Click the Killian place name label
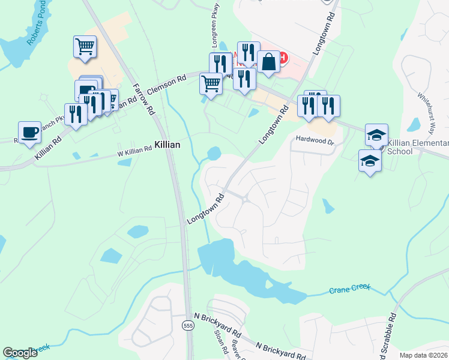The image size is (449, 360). pyautogui.click(x=167, y=145)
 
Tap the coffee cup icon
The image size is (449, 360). pyautogui.click(x=29, y=133)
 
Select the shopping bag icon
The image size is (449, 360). pyautogui.click(x=268, y=61)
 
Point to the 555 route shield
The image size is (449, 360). pyautogui.click(x=188, y=325)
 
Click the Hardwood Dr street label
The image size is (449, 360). pyautogui.click(x=314, y=140)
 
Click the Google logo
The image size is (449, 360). pyautogui.click(x=20, y=353)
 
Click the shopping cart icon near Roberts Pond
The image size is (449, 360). pyautogui.click(x=85, y=47)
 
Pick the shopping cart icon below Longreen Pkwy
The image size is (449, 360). pyautogui.click(x=211, y=83)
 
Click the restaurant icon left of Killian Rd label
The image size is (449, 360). pyautogui.click(x=76, y=114)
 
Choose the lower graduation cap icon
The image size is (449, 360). pyautogui.click(x=370, y=161)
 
